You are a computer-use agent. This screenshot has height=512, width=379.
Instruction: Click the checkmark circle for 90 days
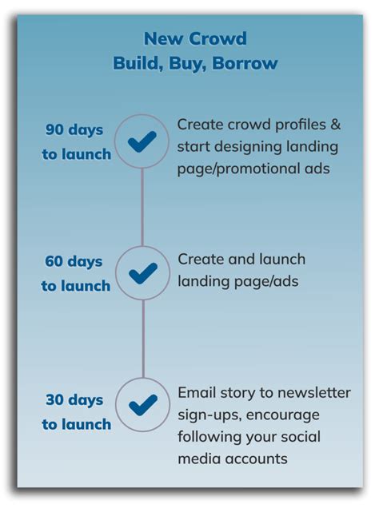point(142,142)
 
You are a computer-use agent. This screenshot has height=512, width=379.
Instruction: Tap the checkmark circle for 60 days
point(142,273)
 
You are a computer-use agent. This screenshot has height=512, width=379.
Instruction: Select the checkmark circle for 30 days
point(142,405)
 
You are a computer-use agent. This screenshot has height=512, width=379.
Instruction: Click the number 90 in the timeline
point(55,130)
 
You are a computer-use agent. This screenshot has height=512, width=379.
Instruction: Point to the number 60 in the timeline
point(55,261)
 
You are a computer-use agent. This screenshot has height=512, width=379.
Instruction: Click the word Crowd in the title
point(218,38)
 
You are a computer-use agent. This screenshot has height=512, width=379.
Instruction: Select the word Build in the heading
point(138,64)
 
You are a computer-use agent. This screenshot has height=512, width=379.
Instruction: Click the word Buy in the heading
point(186,64)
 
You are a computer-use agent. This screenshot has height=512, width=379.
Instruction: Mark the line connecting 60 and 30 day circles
point(142,339)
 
